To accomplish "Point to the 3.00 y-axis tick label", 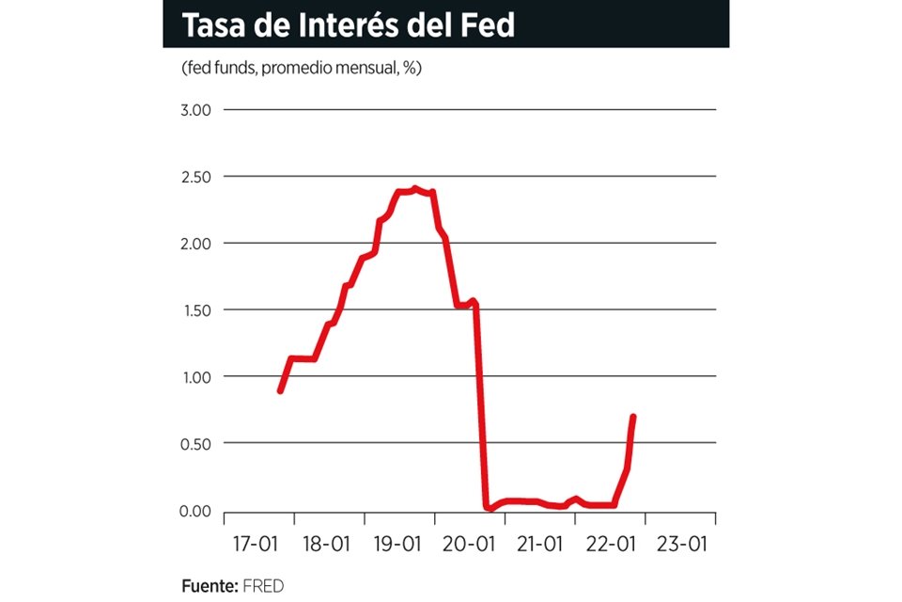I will (196, 110).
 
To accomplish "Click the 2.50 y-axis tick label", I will (196, 177).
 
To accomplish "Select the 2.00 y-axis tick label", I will (196, 244).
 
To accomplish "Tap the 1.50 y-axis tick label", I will (196, 310).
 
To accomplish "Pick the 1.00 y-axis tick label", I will (196, 377).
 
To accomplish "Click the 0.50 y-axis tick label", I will (196, 443).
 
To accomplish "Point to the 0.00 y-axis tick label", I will (196, 511).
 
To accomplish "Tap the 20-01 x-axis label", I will (469, 545).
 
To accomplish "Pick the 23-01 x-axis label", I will (682, 545).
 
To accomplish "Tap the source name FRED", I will (263, 585).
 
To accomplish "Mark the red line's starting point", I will (280, 390).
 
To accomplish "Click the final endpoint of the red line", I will (633, 417).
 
